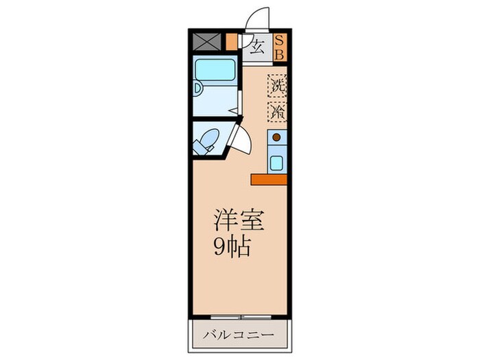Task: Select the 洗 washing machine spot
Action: tap(277, 86)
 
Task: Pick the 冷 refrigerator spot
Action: tap(277, 110)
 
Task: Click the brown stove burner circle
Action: tap(276, 137)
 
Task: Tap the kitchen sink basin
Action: tap(276, 163)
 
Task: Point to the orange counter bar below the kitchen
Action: tap(269, 180)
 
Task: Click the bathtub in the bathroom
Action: tap(215, 69)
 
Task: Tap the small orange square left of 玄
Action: tap(231, 42)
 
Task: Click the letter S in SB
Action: tap(280, 40)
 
